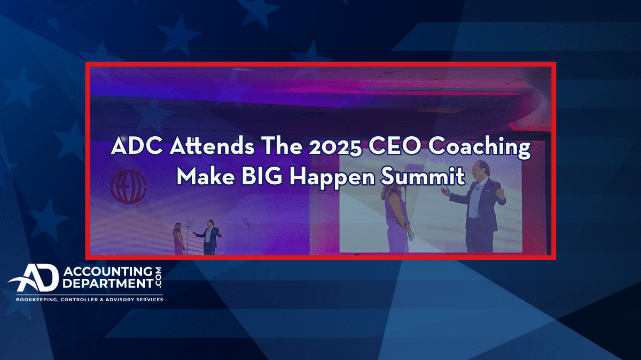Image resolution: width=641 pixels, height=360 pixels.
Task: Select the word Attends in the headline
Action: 212,146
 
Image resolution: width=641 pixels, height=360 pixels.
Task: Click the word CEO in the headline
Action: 395,146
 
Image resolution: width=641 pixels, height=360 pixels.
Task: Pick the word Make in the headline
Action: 206,176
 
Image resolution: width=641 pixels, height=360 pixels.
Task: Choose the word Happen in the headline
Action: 332,178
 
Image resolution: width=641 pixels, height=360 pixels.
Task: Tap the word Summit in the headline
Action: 423,176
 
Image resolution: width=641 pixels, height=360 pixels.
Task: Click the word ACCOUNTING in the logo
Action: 108,271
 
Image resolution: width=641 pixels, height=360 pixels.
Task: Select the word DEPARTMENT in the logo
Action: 108,283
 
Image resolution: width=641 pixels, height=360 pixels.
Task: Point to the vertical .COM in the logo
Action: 158,278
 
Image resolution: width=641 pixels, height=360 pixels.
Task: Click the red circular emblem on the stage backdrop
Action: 129,186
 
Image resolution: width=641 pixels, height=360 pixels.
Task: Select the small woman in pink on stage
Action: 178,239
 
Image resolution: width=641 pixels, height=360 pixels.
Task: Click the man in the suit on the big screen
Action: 476,206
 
